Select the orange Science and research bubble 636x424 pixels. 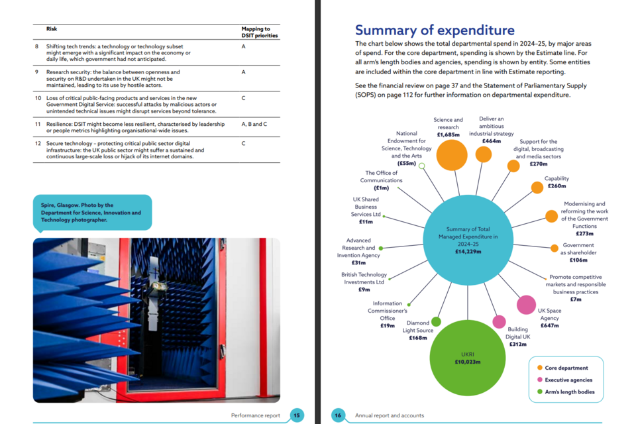point(452,154)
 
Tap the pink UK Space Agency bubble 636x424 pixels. point(526,305)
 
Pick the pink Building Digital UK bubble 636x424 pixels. point(499,322)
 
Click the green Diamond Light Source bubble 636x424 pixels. point(436,322)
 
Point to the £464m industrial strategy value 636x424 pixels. point(492,141)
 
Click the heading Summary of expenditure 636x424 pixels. point(435,30)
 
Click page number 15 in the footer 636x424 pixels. point(297,415)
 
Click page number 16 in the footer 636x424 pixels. point(338,415)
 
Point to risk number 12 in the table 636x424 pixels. point(37,144)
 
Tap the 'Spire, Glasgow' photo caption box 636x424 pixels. point(92,213)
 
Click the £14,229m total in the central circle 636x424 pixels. point(467,252)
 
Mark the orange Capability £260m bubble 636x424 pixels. point(537,187)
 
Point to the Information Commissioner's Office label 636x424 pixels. point(388,311)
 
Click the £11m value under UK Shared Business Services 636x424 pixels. point(366,221)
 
